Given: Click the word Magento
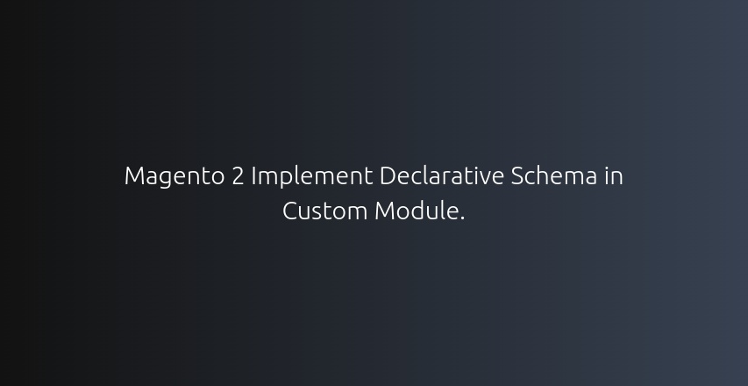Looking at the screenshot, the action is coord(175,177).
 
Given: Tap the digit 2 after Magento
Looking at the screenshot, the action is coord(238,175).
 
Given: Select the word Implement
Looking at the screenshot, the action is coord(312,177).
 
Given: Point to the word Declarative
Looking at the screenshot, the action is coord(442,175).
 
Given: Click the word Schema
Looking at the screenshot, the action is coord(554,175).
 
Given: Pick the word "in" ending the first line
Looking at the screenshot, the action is coord(614,175).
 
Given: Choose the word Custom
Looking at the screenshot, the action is coord(324,211).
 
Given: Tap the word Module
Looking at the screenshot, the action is coord(417,211).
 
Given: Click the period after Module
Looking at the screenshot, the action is coord(462,218).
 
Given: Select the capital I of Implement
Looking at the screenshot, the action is coord(253,175).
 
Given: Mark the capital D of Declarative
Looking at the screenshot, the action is coord(388,175).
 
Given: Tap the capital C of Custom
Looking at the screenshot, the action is coord(290,211).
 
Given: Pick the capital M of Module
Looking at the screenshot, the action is coord(384,211).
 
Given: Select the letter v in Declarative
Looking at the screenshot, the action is coord(484,178).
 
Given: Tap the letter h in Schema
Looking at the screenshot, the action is coord(548,175).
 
